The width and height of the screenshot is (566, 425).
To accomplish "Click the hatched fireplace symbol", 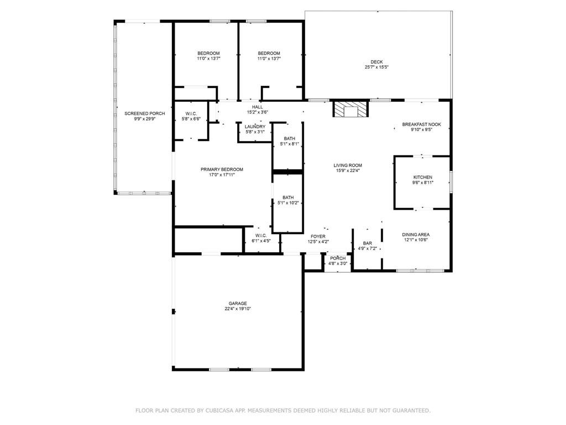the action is coord(350,108).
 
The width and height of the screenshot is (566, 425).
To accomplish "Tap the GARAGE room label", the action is coord(238,304).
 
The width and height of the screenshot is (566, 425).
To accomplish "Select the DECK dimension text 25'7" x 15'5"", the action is coord(376,67).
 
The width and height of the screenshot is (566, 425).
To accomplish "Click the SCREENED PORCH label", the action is coord(145,113).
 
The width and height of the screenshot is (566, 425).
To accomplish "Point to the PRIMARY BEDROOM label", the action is coord(222,169).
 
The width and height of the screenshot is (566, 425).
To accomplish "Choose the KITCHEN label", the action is coord(423,178).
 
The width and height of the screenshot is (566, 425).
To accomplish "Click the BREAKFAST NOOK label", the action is coord(422,125).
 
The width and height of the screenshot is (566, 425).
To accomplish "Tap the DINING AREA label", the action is coord(416,235).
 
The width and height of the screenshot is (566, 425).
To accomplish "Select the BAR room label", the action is coord(368,243).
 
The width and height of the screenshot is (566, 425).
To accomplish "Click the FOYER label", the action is coord(318,237).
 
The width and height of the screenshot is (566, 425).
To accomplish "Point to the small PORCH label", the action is coord(338,258).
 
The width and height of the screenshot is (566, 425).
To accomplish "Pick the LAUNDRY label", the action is coord(255,127).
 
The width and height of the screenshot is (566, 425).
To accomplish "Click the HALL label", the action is coord(258,107).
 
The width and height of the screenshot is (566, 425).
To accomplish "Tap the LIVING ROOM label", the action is coord(348,165).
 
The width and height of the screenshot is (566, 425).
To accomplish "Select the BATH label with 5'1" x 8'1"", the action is coord(290,139).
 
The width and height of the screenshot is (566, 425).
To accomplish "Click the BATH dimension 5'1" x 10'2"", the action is coord(288,203).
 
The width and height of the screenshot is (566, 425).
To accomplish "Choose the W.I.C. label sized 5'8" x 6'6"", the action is coord(191,114).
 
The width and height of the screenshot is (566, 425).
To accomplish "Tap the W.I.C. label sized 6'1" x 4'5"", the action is coord(261,236).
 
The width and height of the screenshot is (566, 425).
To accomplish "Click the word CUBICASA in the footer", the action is coord(218,411).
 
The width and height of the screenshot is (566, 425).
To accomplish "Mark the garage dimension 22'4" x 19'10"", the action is coord(238,309).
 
